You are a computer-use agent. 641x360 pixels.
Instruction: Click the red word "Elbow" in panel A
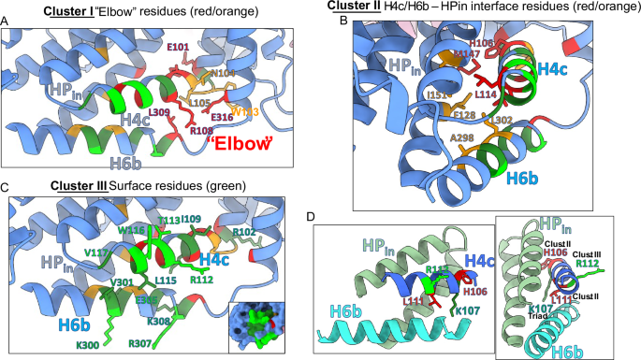(240, 144)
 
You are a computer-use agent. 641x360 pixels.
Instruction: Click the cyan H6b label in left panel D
(341, 319)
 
